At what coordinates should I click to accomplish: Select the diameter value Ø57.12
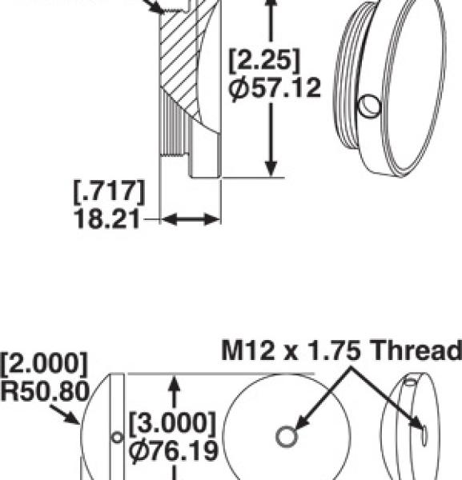click(275, 89)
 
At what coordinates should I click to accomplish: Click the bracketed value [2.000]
click(44, 362)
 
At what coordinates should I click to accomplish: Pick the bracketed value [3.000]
click(172, 422)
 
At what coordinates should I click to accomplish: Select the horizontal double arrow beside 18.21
click(191, 218)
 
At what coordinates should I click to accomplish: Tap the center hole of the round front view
click(286, 436)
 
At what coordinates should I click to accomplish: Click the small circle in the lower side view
click(118, 437)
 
